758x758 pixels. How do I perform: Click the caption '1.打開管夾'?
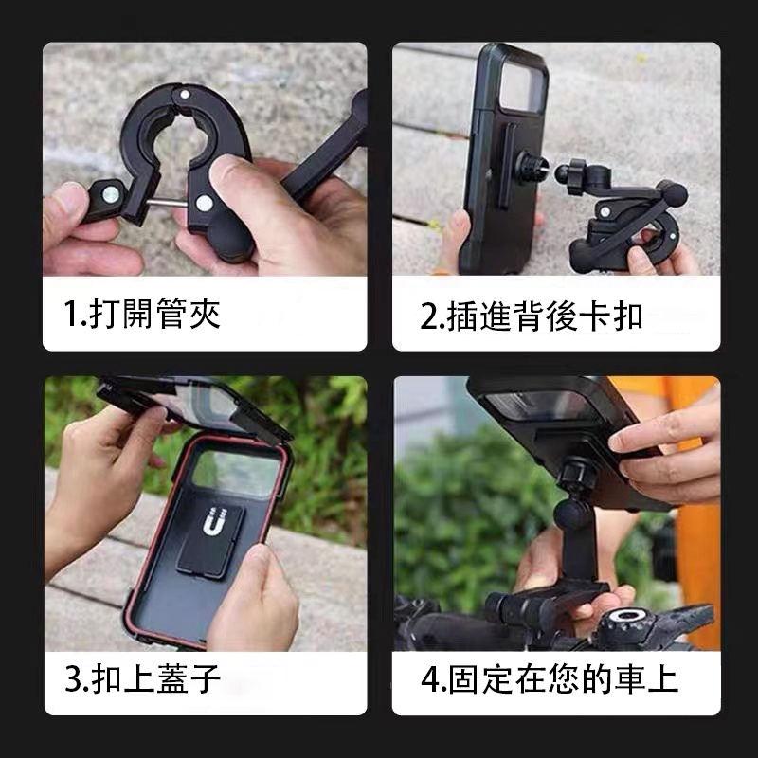coord(142,314)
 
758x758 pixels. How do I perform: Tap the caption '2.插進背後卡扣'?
coord(532,316)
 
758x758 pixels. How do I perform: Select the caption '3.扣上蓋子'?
coord(142,678)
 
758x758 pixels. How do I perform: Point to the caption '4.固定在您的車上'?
coord(550,678)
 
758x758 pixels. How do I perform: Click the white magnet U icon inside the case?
coord(211,521)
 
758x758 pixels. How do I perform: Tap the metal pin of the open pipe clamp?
coord(169,203)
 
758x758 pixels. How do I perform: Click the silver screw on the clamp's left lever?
coord(111,194)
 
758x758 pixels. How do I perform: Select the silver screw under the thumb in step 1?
coord(204,204)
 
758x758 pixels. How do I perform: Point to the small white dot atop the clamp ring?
coord(184,94)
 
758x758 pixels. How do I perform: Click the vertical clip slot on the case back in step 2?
coord(507,165)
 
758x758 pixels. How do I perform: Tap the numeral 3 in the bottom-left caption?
coord(73,679)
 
